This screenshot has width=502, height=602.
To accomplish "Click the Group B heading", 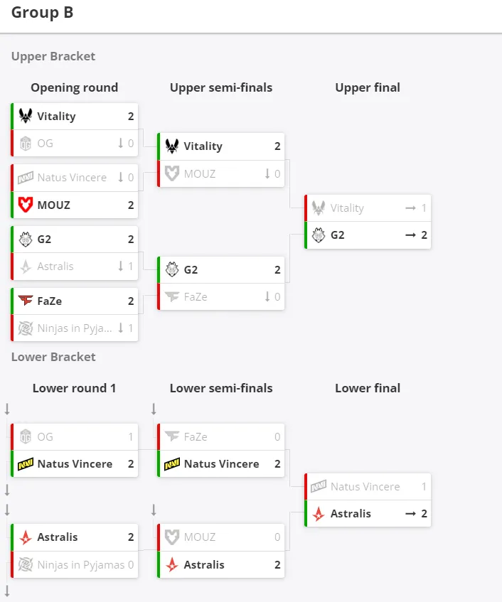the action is click(x=42, y=12).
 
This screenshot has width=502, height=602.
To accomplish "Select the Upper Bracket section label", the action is click(x=53, y=56).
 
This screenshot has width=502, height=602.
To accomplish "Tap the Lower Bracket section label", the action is click(x=53, y=357).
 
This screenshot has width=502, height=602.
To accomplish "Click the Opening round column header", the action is click(x=74, y=87).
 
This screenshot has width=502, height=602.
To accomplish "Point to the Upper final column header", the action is click(x=368, y=87).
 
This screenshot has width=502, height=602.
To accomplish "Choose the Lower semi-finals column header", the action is click(x=221, y=388).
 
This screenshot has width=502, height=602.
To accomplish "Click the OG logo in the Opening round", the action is click(x=26, y=144).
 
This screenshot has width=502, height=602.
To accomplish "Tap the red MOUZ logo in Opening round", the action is click(x=26, y=205).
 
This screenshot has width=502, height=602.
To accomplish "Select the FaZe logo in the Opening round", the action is click(x=26, y=300).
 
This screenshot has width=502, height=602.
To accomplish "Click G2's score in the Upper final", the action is click(x=424, y=235).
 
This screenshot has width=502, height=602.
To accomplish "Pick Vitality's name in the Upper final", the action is click(x=347, y=208).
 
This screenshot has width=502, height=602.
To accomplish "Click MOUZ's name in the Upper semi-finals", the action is click(x=200, y=174).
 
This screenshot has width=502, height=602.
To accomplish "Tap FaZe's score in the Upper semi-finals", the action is click(x=277, y=297).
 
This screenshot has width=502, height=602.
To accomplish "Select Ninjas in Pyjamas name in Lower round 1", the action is click(x=81, y=565).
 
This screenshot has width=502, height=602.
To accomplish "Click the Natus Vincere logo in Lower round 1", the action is click(x=26, y=464).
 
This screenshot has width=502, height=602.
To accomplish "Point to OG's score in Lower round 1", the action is click(x=131, y=437).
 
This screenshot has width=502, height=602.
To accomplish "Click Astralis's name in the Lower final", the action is click(x=351, y=514).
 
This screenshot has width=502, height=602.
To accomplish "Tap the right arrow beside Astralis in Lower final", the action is click(x=410, y=514).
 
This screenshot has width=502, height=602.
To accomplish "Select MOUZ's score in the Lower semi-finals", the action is click(x=277, y=537).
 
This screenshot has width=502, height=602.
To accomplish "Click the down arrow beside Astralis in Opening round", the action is click(x=121, y=266).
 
